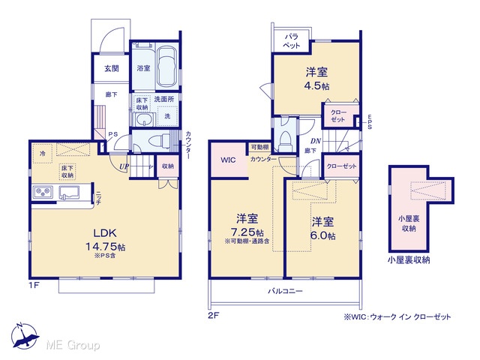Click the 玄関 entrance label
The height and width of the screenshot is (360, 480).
[x=112, y=68]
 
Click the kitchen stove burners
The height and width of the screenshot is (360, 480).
[x=43, y=193]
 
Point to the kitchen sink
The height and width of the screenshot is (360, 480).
[x=69, y=193]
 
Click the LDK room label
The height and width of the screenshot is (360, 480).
[x=105, y=233]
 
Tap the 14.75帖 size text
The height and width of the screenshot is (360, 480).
[x=105, y=247]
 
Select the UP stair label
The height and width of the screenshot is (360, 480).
[x=124, y=166]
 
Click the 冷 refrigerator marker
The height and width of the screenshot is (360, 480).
[x=42, y=153]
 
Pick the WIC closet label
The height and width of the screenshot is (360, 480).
[x=228, y=160]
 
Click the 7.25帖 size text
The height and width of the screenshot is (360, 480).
[x=247, y=232]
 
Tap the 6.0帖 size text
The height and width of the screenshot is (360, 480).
[x=323, y=235]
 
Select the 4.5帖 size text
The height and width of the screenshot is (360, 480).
[x=316, y=86]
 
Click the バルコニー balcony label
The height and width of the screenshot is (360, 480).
[x=285, y=291]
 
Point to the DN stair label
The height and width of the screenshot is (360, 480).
[x=316, y=141]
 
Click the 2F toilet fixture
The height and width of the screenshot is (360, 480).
[x=285, y=141]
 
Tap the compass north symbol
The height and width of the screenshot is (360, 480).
[x=25, y=336]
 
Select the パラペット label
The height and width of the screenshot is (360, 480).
[x=292, y=41]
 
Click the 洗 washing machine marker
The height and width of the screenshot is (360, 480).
[x=167, y=116]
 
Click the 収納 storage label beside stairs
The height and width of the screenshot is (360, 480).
[x=168, y=166]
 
